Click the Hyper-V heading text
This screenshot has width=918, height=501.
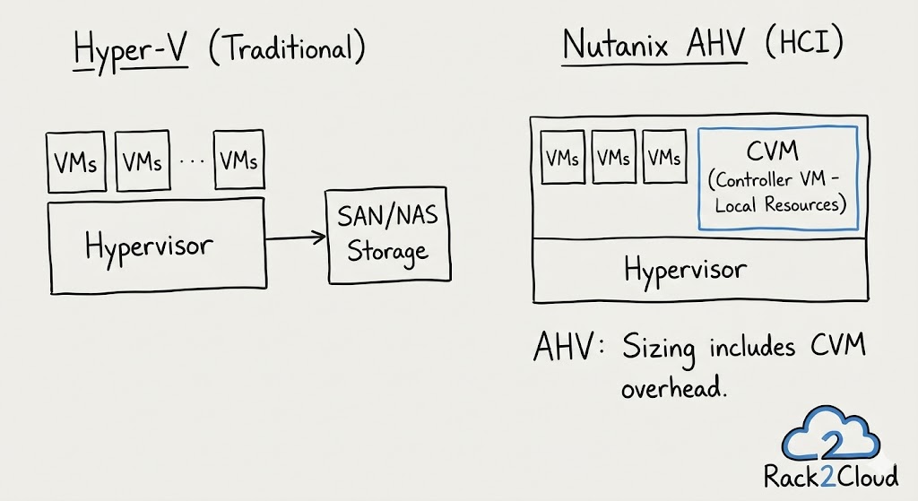click(x=133, y=50)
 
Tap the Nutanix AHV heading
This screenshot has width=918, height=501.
click(x=654, y=45)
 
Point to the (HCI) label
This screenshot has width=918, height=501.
click(x=804, y=45)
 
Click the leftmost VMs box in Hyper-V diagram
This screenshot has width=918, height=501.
click(x=76, y=162)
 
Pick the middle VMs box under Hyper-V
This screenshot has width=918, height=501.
click(x=143, y=162)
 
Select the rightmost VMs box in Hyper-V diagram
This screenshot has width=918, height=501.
click(x=238, y=161)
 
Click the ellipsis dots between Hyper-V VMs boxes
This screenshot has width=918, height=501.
click(x=191, y=164)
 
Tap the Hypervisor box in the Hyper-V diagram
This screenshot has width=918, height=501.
click(x=156, y=246)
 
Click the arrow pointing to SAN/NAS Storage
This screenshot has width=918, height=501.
click(x=296, y=238)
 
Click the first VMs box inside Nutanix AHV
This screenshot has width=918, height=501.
click(x=562, y=159)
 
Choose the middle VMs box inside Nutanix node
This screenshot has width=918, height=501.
click(x=614, y=159)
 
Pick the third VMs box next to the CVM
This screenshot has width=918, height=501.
click(x=665, y=159)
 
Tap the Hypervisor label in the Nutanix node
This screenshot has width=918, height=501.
click(x=685, y=270)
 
